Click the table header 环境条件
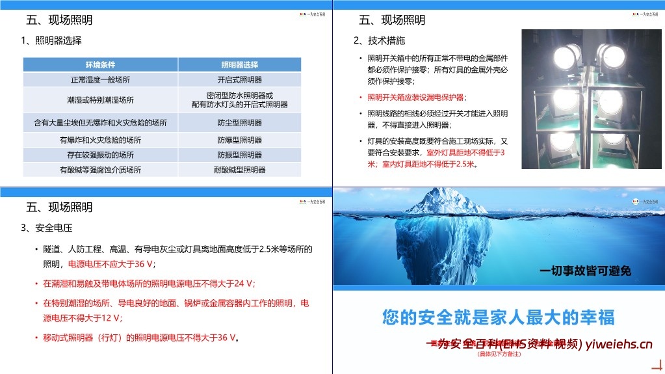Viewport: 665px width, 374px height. (x=100, y=64)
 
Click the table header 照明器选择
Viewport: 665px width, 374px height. (x=239, y=64)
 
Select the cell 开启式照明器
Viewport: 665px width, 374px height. (x=239, y=80)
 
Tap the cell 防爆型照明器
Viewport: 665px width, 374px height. (x=239, y=140)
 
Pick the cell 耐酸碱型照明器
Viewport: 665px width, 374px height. (x=239, y=170)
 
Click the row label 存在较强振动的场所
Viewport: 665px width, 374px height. (x=100, y=155)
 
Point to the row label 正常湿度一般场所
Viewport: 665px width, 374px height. (x=100, y=80)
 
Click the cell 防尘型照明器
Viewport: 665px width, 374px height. (x=239, y=122)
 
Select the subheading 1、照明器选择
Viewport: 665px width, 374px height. (x=51, y=40)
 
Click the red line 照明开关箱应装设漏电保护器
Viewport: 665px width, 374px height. (x=416, y=98)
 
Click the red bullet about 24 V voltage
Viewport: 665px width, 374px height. (x=149, y=284)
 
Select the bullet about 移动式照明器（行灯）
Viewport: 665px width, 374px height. (x=140, y=338)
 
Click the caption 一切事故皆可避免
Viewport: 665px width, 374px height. (x=586, y=271)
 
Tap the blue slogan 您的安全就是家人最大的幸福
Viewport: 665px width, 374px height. (x=498, y=317)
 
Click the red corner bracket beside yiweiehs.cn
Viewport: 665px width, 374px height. (x=657, y=365)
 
